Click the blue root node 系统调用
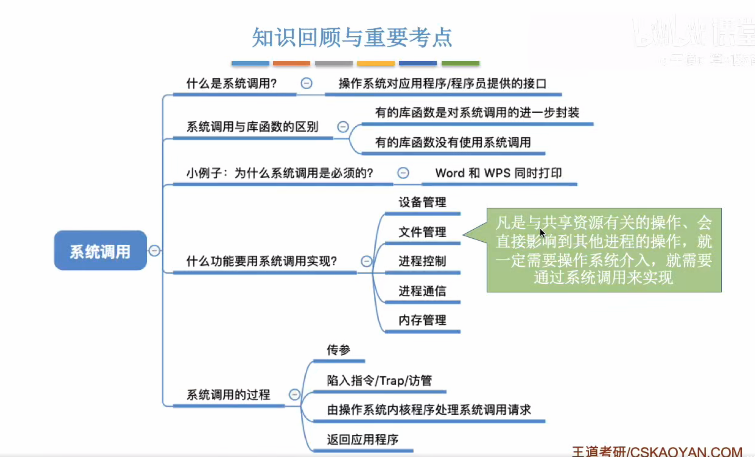[x=101, y=251]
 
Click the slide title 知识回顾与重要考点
[x=352, y=38]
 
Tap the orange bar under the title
[x=291, y=63]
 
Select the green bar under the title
[x=460, y=63]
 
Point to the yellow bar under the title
[x=376, y=63]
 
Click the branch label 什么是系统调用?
[x=232, y=83]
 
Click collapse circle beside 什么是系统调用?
[x=306, y=83]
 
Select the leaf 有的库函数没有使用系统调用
[x=453, y=143]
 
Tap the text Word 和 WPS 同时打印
[x=498, y=173]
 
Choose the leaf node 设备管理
[x=422, y=202]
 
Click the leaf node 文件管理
[x=422, y=232]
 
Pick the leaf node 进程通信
[x=422, y=291]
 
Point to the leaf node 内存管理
[x=422, y=320]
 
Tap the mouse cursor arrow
[x=542, y=233]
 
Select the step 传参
[x=338, y=350]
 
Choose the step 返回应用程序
[x=363, y=440]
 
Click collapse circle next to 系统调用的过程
[x=294, y=394]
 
